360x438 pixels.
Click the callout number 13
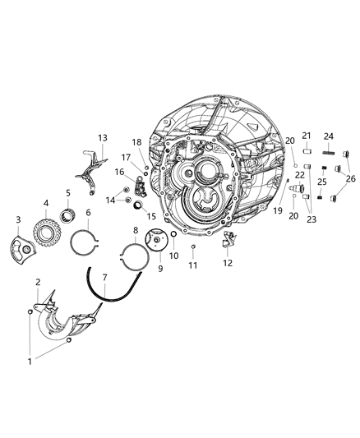103,137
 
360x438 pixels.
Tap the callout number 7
104,279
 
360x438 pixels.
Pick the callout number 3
18,219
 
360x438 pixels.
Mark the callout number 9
149,268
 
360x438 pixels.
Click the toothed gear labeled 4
47,227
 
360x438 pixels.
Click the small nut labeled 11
192,247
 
